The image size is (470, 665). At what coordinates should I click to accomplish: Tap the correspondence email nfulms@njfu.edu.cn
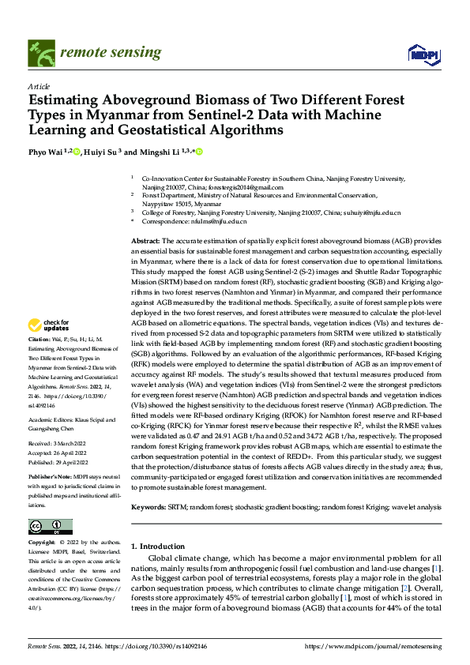[210, 223]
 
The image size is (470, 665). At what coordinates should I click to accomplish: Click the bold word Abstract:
[145, 240]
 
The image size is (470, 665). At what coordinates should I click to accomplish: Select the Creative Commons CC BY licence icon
[50, 527]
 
